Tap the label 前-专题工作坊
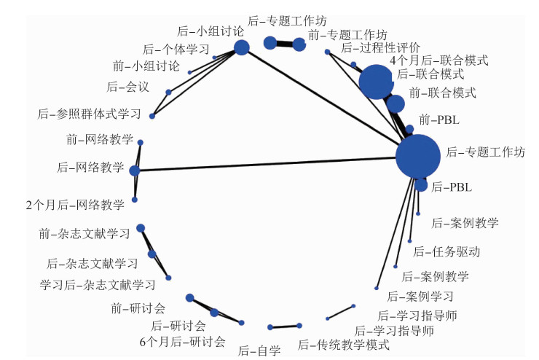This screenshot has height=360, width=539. tap(347, 34)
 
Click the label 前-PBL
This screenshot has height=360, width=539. tap(439, 118)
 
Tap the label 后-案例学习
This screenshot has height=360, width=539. tap(420, 297)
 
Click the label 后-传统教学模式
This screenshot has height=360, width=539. tap(343, 344)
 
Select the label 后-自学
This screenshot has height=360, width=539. tap(259, 351)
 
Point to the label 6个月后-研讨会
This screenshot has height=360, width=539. tap(183, 340)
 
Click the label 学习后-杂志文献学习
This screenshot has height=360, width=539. tap(98, 283)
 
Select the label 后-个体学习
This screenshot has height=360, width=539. tap(176, 50)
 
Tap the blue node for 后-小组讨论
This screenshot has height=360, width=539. tap(241, 48)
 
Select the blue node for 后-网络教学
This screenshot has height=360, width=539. tap(134, 171)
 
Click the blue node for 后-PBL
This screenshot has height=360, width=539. tap(421, 185)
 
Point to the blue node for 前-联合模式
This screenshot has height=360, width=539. tap(396, 103)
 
